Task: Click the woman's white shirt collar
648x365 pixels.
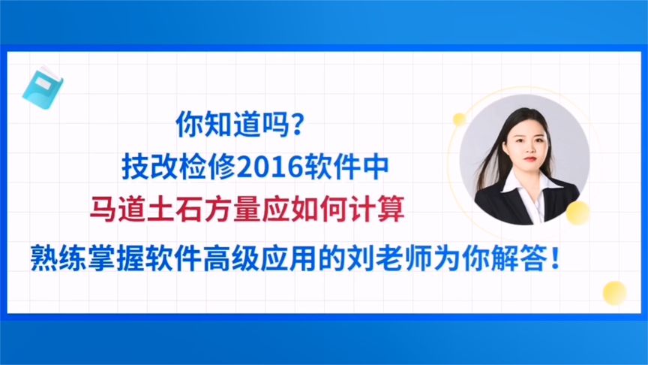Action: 524,182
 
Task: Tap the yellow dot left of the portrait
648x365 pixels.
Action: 459,118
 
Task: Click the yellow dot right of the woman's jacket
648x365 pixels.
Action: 577,213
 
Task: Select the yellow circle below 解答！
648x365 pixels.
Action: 614,292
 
